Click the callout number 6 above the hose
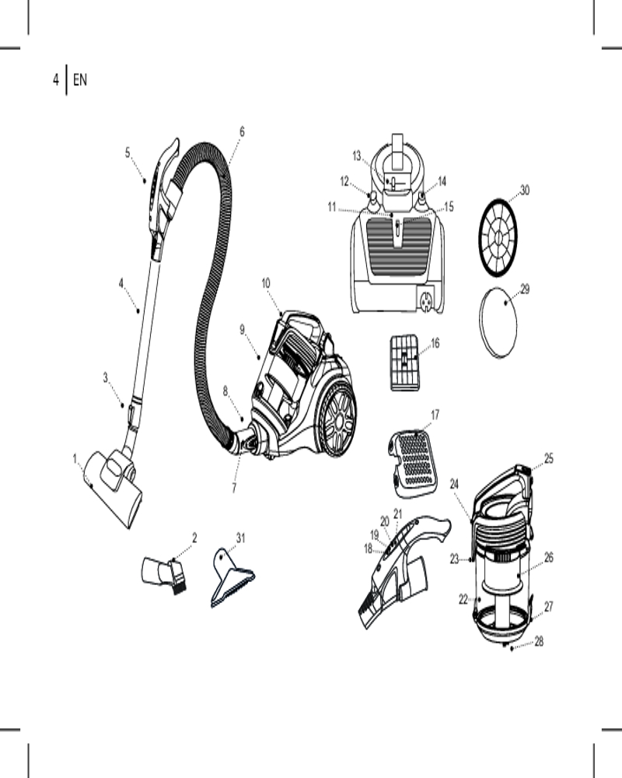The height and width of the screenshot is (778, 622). coord(242,131)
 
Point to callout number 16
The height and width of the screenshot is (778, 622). coord(435,342)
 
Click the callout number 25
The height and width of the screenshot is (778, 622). coord(548,459)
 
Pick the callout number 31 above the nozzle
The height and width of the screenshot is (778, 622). coord(241,538)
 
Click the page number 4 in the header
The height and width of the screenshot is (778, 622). coord(56,79)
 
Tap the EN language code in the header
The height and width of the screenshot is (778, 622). coord(80,79)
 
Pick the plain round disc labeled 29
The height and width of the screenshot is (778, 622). coord(498,323)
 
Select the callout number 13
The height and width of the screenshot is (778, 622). coord(357,156)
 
